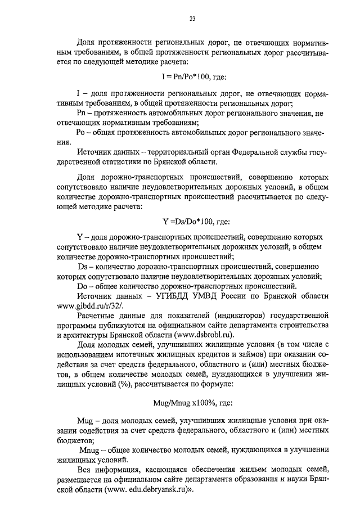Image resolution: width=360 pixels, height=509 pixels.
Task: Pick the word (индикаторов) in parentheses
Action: [238, 315]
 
